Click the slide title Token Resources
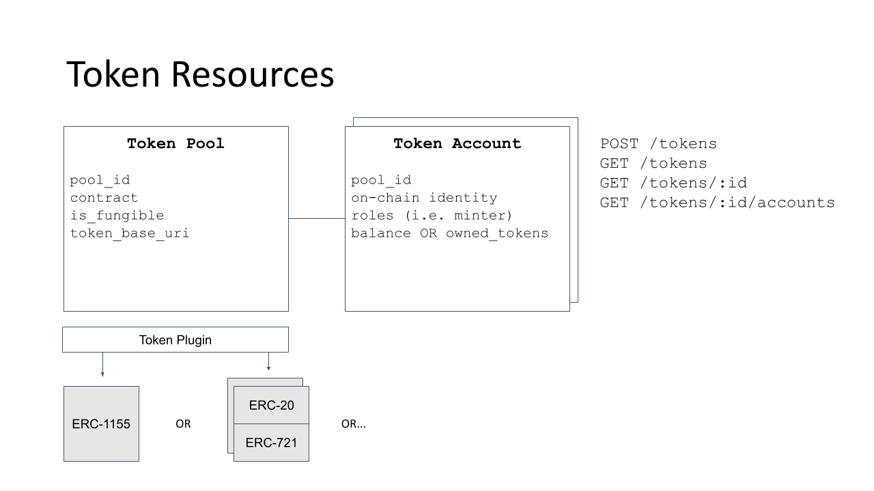[x=200, y=74]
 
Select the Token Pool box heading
[x=175, y=144]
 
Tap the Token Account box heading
[x=457, y=144]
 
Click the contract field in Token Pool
[x=104, y=198]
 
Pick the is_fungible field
[x=117, y=215]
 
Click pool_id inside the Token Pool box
[x=100, y=180]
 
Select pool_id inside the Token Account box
[x=381, y=180]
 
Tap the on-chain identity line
[x=424, y=198]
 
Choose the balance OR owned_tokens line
[x=449, y=233]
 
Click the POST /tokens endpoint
[x=658, y=144]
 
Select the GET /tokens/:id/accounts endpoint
[x=717, y=203]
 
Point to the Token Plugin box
[x=175, y=340]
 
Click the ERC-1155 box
[x=101, y=423]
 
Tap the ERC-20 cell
[x=271, y=404]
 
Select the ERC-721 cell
[x=271, y=442]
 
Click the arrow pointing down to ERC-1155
[x=102, y=365]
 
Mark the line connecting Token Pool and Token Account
[x=316, y=218]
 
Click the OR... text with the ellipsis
[x=353, y=424]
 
